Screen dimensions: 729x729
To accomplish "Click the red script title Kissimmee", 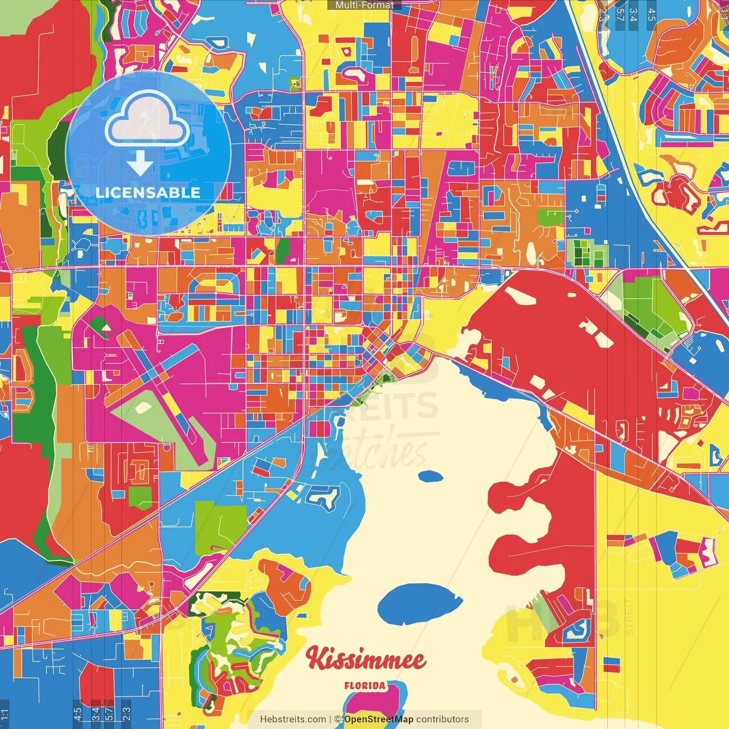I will (365, 660).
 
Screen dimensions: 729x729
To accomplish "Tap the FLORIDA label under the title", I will (364, 686).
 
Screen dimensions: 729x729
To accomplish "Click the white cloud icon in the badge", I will (148, 121).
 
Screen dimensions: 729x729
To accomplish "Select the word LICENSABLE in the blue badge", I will (148, 193).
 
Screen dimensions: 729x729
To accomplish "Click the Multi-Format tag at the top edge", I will (364, 5).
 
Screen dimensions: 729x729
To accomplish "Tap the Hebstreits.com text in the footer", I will (293, 719).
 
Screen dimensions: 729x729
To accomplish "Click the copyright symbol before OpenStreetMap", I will (338, 719).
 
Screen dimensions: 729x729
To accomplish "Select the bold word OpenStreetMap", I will (379, 719).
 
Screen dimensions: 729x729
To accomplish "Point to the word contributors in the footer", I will (443, 719).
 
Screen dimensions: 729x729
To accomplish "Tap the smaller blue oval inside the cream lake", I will (430, 476).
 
